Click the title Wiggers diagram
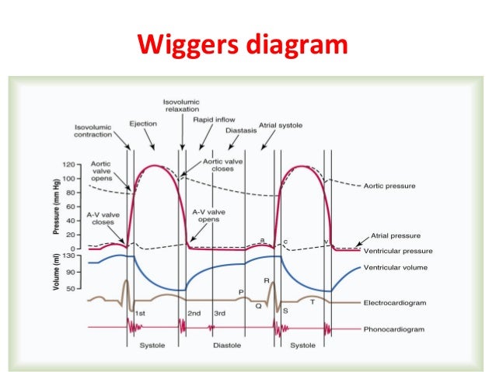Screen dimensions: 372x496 [x=242, y=45]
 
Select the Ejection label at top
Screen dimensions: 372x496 [x=142, y=123]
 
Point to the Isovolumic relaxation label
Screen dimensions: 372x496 [x=182, y=106]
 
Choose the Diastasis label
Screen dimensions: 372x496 [x=241, y=130]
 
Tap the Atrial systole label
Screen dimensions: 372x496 [x=280, y=124]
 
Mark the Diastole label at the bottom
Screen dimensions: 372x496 [x=226, y=346]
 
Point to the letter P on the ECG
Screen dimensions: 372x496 [x=241, y=292]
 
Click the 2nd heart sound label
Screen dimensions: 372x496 [x=194, y=313]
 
